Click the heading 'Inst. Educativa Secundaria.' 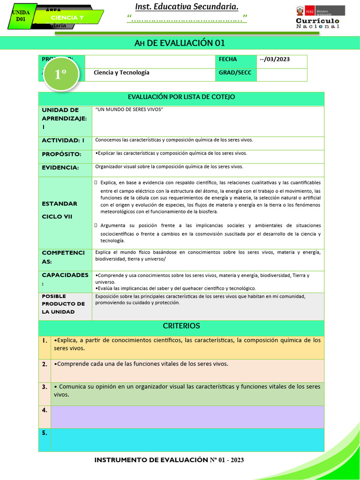point(187,6)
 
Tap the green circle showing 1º point(60,75)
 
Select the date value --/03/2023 point(275,59)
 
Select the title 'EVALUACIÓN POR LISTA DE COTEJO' point(181,97)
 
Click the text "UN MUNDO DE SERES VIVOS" point(129,109)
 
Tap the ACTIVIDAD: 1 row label point(63,140)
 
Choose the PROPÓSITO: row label point(62,154)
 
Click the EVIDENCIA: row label point(60,167)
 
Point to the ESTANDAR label point(60,203)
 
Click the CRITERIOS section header point(181,326)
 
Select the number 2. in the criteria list point(45,364)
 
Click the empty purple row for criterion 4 point(187,416)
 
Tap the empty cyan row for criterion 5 point(187,440)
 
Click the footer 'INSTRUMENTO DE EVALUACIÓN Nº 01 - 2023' point(169,460)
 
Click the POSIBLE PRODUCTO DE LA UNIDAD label point(63,304)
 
